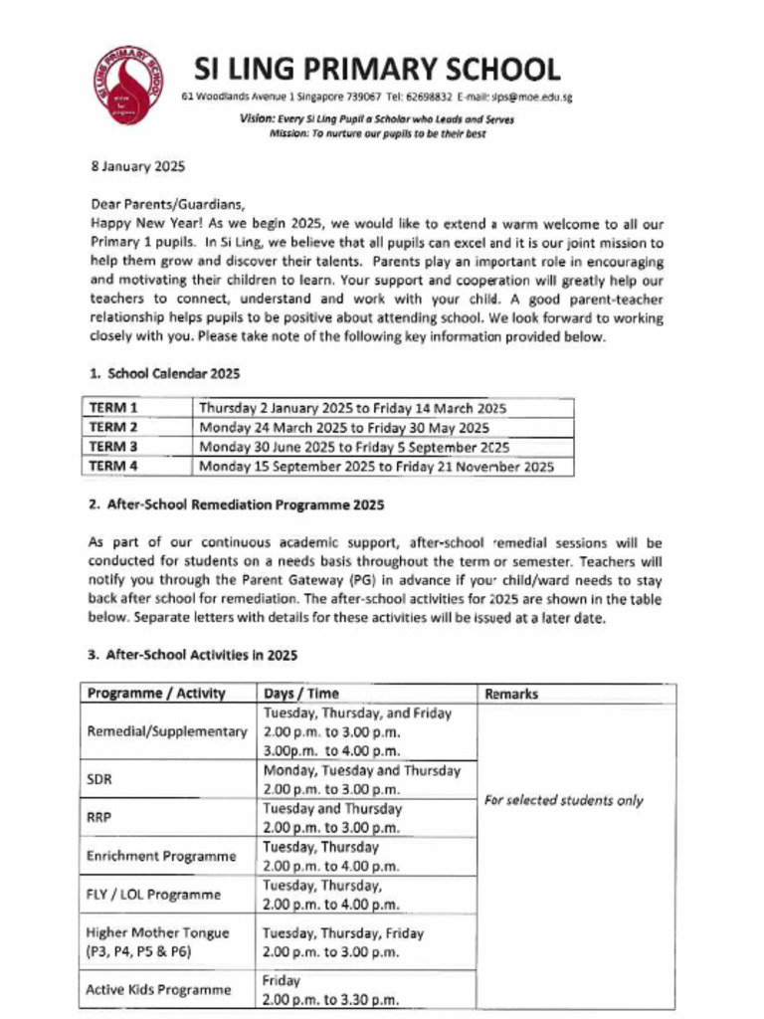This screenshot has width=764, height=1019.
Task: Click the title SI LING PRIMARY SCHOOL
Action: [x=377, y=69]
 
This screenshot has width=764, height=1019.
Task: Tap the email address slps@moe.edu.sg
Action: [x=531, y=98]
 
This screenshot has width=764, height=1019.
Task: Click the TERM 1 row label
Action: [x=112, y=408]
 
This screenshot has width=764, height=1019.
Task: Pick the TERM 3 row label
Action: [x=112, y=447]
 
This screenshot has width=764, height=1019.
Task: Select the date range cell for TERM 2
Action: [x=344, y=428]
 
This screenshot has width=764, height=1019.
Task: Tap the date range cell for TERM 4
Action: [x=376, y=466]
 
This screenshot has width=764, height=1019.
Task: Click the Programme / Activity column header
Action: [x=156, y=694]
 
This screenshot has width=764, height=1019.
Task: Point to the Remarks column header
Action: [x=510, y=694]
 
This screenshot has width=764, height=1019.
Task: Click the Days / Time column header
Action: [x=301, y=694]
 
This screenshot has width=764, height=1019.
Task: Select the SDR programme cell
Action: [x=99, y=780]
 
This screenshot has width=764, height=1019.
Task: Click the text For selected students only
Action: [x=563, y=800]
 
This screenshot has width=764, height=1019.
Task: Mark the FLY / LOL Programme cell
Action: [x=152, y=895]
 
